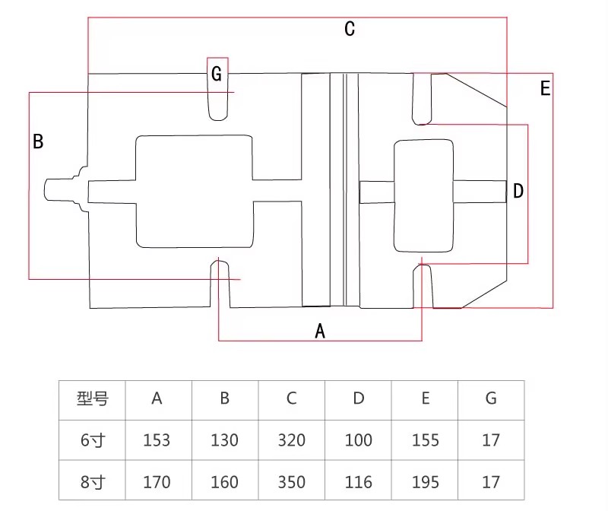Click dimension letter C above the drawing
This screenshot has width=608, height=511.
tap(350, 30)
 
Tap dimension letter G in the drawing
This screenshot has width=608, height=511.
tap(217, 74)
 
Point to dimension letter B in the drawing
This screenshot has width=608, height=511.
tap(38, 141)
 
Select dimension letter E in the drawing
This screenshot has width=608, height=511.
tap(545, 88)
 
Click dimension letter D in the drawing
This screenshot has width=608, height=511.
tap(518, 191)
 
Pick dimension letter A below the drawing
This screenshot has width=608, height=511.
tap(320, 331)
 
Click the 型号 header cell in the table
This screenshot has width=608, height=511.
tap(92, 398)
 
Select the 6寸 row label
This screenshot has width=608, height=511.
tap(92, 440)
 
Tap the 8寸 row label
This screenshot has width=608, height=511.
tap(92, 481)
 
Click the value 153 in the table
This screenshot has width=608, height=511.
tap(157, 440)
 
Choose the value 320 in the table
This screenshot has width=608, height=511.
tap(291, 440)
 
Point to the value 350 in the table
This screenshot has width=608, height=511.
tap(291, 481)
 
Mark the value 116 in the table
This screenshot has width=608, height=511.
tap(358, 481)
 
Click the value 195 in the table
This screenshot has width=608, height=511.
tap(425, 481)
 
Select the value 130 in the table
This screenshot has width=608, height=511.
tap(224, 440)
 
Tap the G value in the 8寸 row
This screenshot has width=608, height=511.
tap(491, 481)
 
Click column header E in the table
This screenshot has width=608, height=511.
tap(425, 398)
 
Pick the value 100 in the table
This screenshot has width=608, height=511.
tap(358, 440)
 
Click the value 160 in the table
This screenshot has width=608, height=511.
tap(224, 481)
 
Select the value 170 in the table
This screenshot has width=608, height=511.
tap(157, 481)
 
